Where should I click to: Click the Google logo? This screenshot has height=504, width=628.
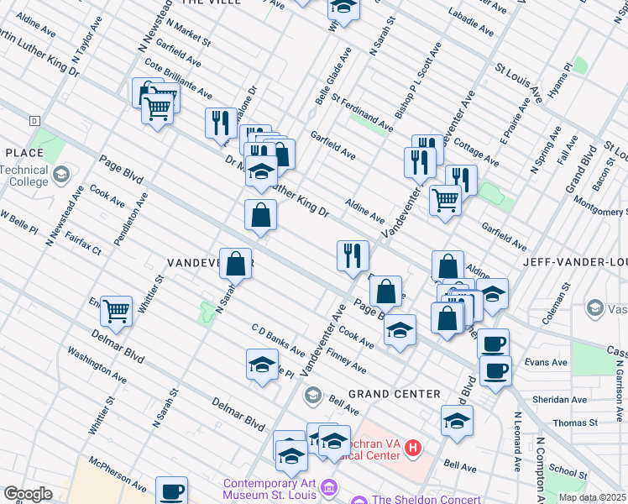pyautogui.click(x=27, y=494)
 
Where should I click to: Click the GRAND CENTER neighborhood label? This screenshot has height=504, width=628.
pyautogui.click(x=394, y=394)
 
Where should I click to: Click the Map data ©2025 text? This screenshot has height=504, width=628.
pyautogui.click(x=592, y=497)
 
